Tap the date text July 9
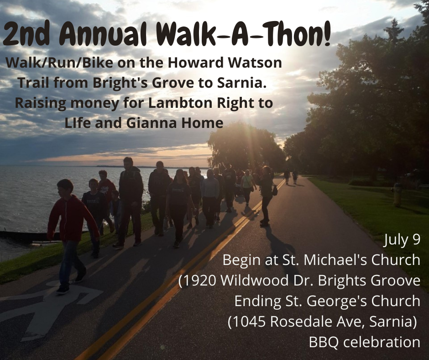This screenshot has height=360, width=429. [x=402, y=240]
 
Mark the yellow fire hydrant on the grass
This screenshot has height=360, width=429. [x=397, y=195]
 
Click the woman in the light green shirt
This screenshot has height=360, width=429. [x=248, y=187]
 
